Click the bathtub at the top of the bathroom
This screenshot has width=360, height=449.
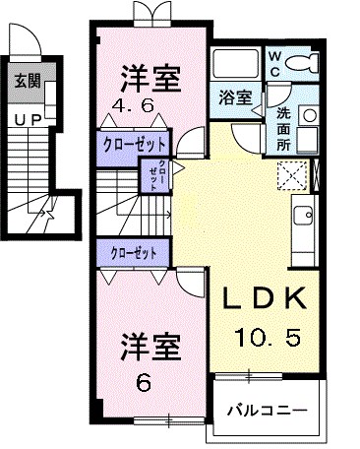coord(235,66)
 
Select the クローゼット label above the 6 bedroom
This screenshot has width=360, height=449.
coord(135,253)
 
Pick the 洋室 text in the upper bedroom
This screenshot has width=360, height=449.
coord(150,75)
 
